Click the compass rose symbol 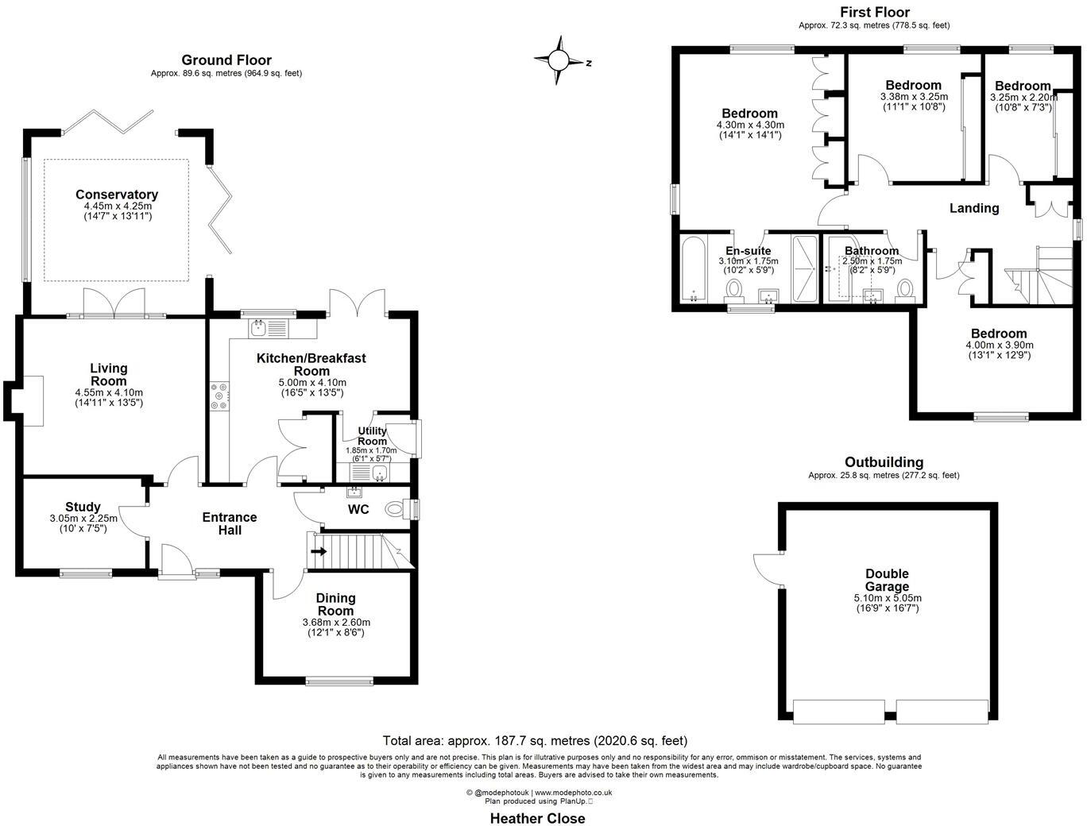pyautogui.click(x=559, y=60)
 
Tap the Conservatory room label pyautogui.click(x=117, y=195)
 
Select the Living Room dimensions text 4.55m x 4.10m pyautogui.click(x=109, y=392)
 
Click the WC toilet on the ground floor pyautogui.click(x=394, y=508)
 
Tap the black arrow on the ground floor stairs pyautogui.click(x=319, y=550)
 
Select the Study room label pyautogui.click(x=83, y=507)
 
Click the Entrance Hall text pyautogui.click(x=230, y=523)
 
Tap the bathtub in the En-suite pyautogui.click(x=694, y=269)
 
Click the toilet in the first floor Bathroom pyautogui.click(x=904, y=289)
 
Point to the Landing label pyautogui.click(x=974, y=208)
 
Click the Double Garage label pyautogui.click(x=887, y=580)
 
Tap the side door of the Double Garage pyautogui.click(x=768, y=566)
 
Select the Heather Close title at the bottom pyautogui.click(x=537, y=818)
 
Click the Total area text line pyautogui.click(x=535, y=740)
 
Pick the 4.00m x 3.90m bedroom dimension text pyautogui.click(x=999, y=345)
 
